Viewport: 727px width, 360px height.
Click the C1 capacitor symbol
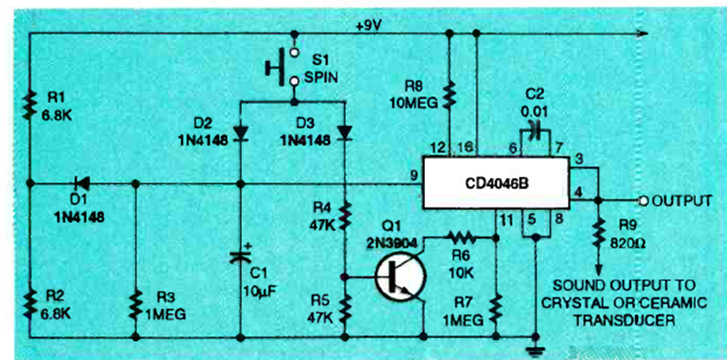click(239, 256)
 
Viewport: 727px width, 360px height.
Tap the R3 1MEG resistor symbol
click(135, 305)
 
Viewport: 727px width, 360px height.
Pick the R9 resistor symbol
click(599, 233)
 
